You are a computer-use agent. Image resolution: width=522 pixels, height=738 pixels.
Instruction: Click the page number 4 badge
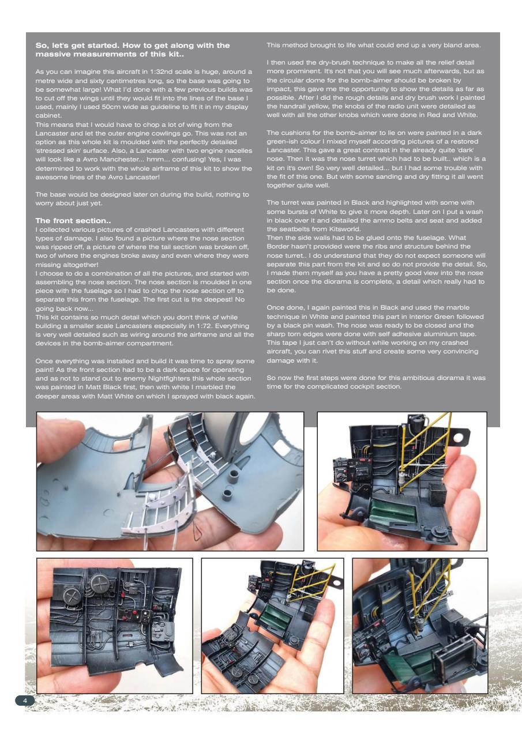tap(25, 700)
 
